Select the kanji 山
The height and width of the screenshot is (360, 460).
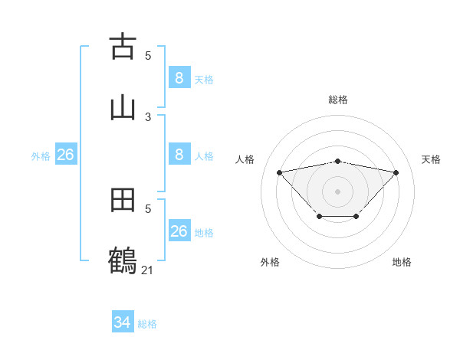tap(123, 106)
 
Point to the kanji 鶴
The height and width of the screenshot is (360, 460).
tap(123, 260)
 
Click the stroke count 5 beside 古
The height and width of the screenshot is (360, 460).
tap(148, 55)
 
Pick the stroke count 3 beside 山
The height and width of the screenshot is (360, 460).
tap(148, 116)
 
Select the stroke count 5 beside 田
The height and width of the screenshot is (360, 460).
tap(148, 208)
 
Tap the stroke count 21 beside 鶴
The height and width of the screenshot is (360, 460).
tap(148, 270)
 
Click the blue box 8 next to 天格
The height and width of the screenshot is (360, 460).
tap(179, 77)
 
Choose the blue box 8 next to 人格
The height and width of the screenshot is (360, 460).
tap(179, 154)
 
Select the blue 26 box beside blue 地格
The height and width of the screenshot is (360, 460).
tap(179, 231)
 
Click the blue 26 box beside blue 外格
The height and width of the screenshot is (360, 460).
tap(65, 155)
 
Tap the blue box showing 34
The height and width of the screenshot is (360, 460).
tap(123, 322)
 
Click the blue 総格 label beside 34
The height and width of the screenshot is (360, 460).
tap(147, 324)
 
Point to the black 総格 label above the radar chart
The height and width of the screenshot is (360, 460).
tap(338, 100)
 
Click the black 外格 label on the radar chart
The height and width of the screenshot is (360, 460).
tap(270, 262)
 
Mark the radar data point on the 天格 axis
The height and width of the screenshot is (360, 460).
tap(396, 172)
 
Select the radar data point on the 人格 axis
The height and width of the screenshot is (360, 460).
tap(279, 172)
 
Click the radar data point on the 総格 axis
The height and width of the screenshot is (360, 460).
tap(338, 161)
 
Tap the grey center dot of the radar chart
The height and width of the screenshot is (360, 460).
tap(338, 191)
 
